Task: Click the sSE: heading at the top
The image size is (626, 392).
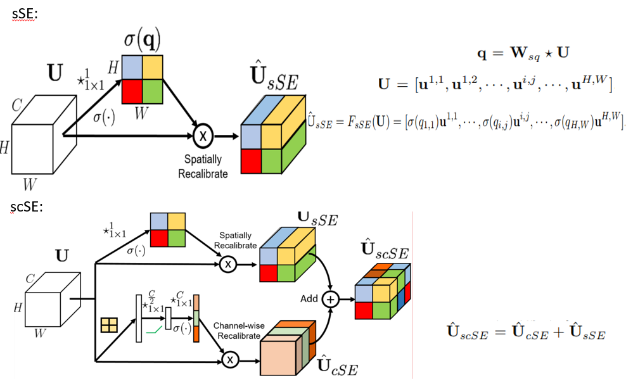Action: [25, 14]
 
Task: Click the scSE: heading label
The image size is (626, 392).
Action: [27, 207]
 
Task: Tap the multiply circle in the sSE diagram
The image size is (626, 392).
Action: [203, 135]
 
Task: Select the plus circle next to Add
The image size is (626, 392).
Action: [331, 299]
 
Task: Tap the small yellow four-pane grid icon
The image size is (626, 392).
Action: [110, 326]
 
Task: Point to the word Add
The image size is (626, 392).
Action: [309, 298]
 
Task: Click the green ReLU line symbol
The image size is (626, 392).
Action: [153, 329]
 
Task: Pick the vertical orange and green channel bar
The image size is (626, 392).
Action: [196, 317]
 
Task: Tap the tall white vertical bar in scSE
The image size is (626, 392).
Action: [137, 317]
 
